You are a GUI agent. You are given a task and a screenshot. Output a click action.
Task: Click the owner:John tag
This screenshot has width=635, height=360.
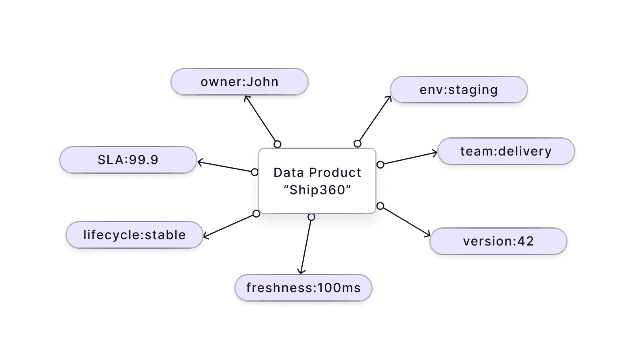239,82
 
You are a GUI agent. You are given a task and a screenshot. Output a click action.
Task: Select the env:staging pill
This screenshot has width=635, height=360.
459,90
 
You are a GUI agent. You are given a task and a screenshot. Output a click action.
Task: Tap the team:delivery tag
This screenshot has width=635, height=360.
506,151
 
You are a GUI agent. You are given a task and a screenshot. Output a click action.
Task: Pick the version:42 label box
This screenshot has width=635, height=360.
498,241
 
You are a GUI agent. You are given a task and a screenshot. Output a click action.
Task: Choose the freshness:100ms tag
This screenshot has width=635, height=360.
303,288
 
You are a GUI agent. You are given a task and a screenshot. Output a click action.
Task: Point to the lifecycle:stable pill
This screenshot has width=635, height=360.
134,235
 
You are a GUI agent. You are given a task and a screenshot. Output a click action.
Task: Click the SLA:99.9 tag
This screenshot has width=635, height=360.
128,160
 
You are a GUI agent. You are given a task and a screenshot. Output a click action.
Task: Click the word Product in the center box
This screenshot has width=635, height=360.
335,172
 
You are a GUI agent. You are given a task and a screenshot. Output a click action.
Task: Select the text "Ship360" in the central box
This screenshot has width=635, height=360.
317,190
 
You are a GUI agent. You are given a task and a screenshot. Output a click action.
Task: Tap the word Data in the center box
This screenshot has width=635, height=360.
288,172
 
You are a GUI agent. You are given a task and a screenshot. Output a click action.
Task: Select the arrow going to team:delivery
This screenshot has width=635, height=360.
409,158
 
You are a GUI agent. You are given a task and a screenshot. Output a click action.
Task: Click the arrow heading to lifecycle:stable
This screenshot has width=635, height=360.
230,225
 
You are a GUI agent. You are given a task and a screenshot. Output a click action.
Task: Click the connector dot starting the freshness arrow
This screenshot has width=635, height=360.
311,217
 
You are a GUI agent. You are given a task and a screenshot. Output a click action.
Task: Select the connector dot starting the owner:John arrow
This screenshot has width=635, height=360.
277,144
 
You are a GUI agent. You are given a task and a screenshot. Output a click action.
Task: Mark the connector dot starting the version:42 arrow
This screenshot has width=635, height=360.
380,206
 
